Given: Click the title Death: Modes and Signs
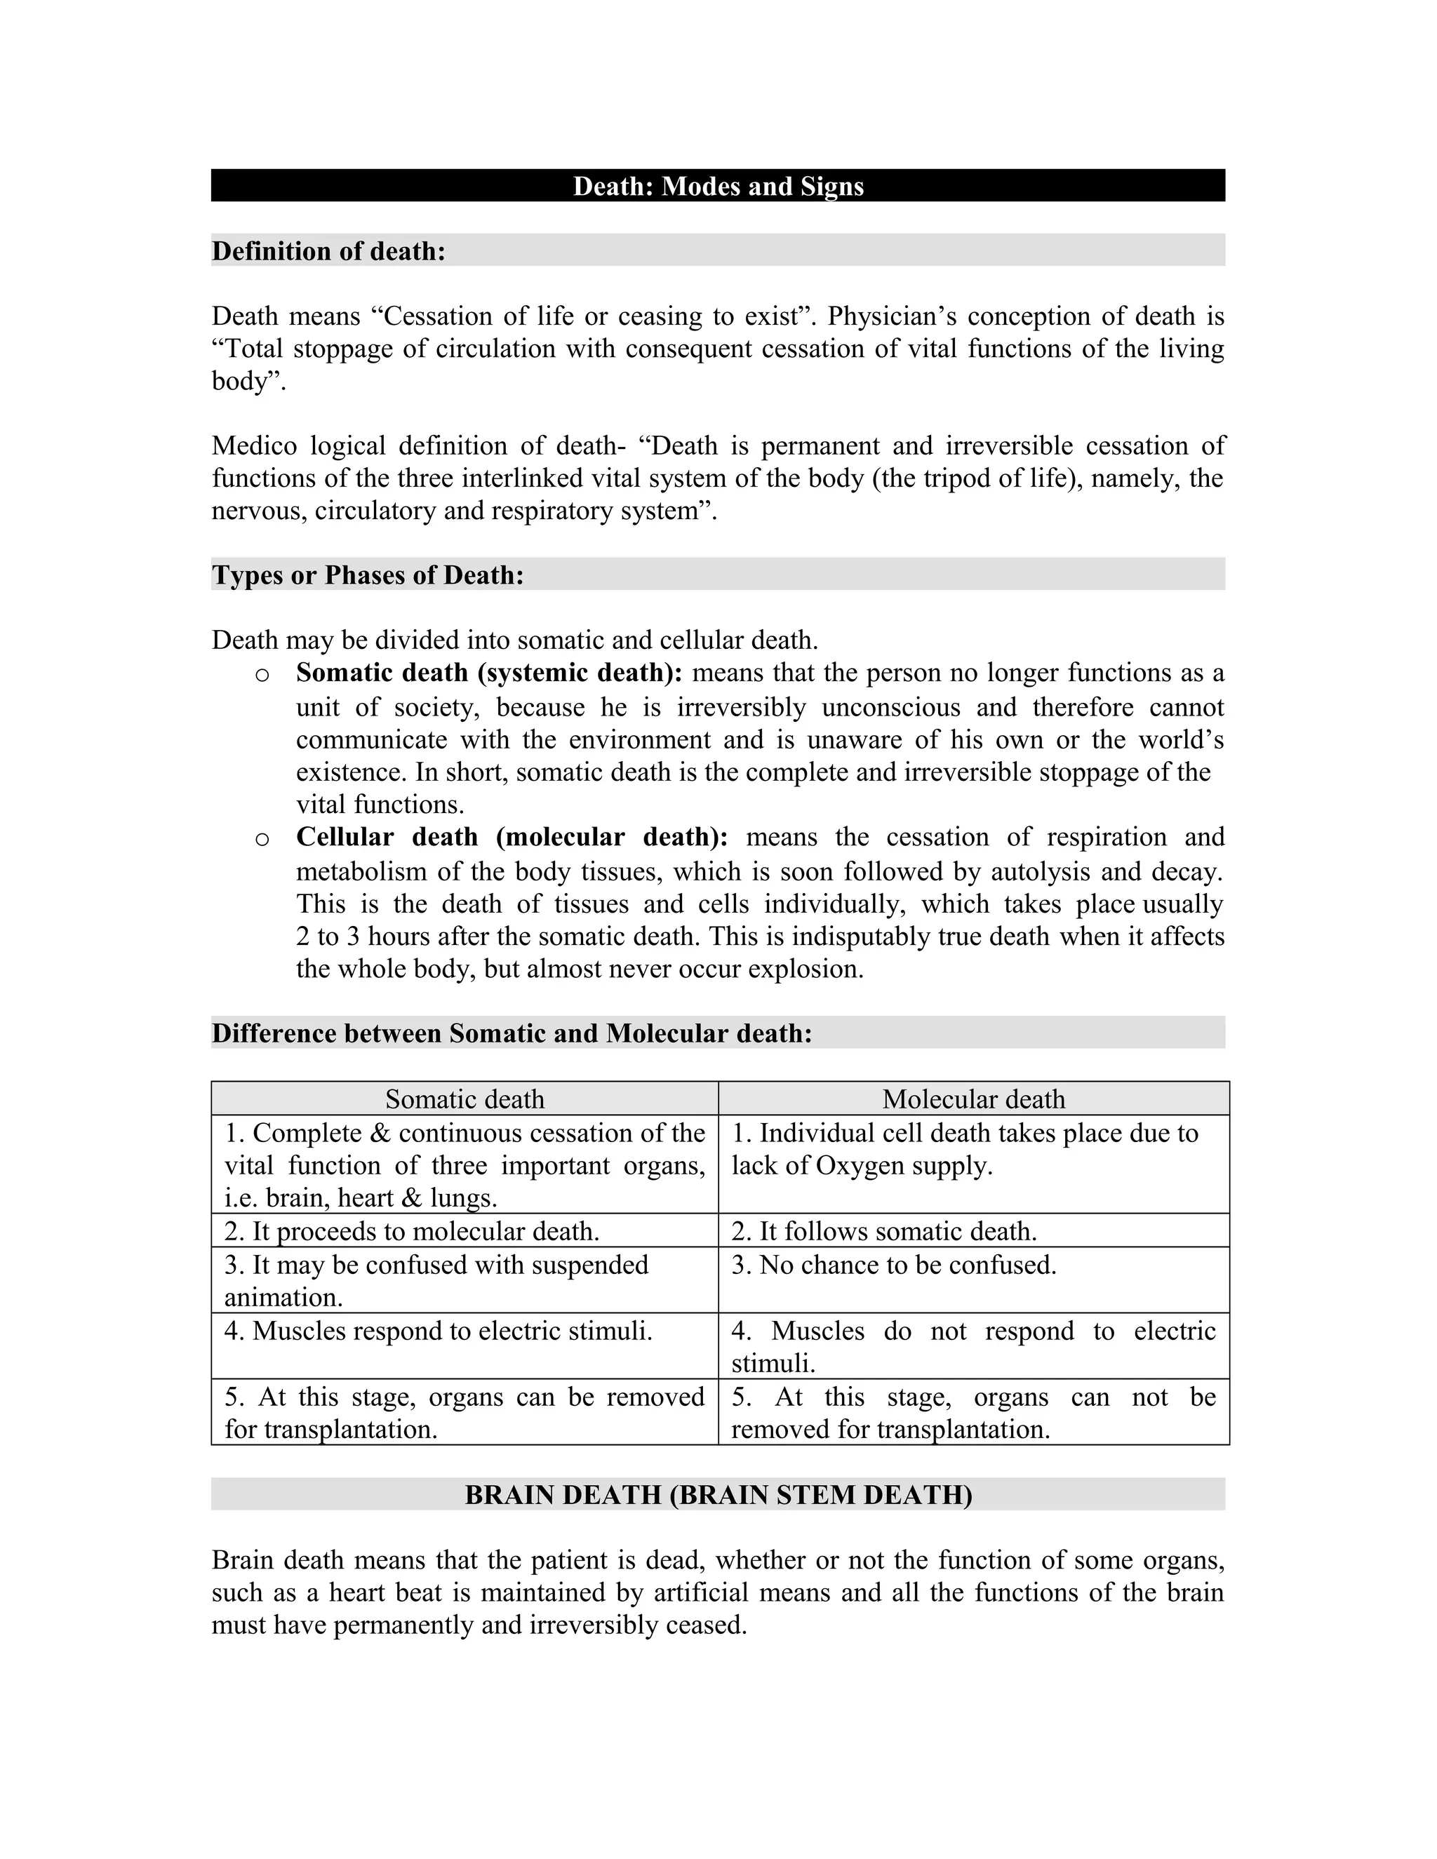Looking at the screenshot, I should point(718,187).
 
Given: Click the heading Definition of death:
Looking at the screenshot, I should point(328,251).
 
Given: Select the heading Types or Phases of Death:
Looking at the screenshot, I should point(368,575).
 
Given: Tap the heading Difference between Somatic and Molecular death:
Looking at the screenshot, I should point(512,1033).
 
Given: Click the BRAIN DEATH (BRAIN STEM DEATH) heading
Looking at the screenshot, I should point(718,1495).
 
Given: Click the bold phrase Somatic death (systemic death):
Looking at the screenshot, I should point(488,673).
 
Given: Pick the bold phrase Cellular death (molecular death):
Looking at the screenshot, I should point(512,838).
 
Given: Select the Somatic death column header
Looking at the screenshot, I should point(464,1099).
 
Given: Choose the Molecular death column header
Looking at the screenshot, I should point(973,1099).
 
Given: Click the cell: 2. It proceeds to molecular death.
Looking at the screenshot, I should point(412,1232).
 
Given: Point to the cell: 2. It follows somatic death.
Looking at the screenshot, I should point(883,1232).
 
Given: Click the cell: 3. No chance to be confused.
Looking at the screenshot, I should point(894,1265).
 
